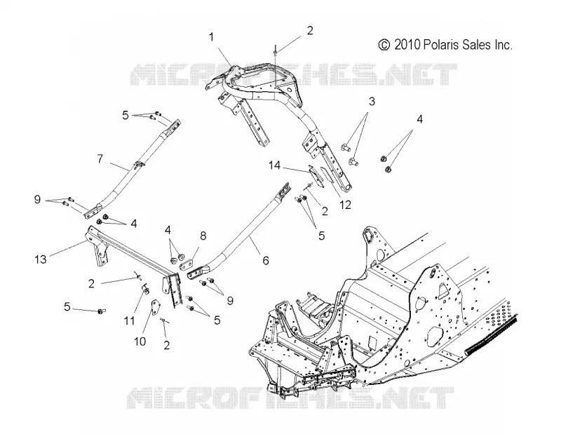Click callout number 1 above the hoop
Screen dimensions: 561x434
click(212, 37)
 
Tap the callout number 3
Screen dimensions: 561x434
click(372, 102)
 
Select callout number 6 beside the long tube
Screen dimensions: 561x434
click(266, 261)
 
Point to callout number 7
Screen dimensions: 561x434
click(100, 158)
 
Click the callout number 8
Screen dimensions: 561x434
click(203, 236)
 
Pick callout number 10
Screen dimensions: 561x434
click(140, 341)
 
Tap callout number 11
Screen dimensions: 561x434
click(129, 320)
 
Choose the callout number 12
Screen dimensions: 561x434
click(345, 205)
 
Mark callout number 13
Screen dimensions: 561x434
click(41, 259)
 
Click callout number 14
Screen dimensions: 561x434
click(275, 165)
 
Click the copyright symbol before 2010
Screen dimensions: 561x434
click(384, 45)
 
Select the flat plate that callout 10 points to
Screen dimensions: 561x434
click(155, 308)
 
